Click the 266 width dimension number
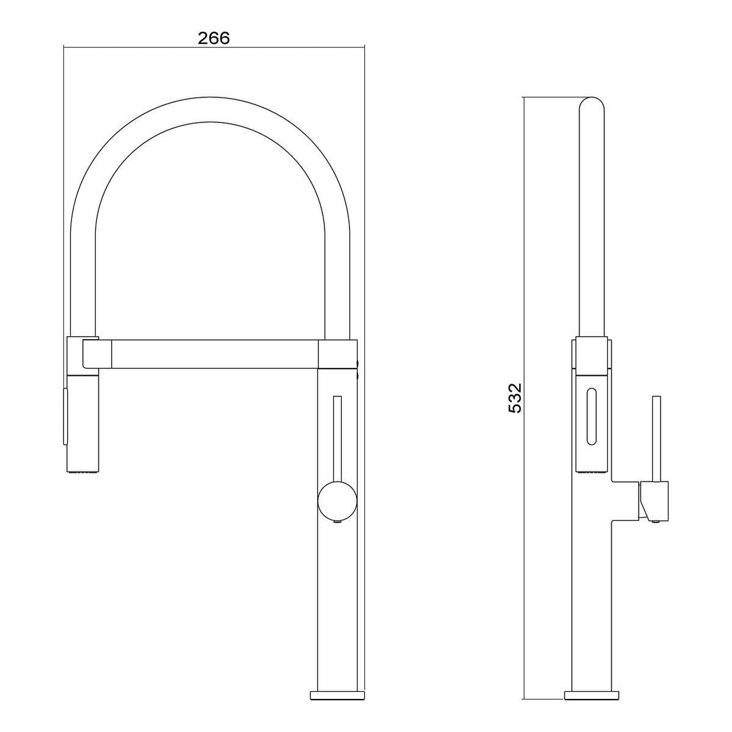[x=214, y=38]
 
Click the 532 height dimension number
[x=515, y=398]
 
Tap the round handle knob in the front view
[x=337, y=499]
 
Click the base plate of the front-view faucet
[x=337, y=674]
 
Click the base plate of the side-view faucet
[x=592, y=674]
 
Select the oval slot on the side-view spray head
[x=592, y=417]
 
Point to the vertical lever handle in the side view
[x=656, y=439]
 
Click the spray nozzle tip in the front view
[x=83, y=472]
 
